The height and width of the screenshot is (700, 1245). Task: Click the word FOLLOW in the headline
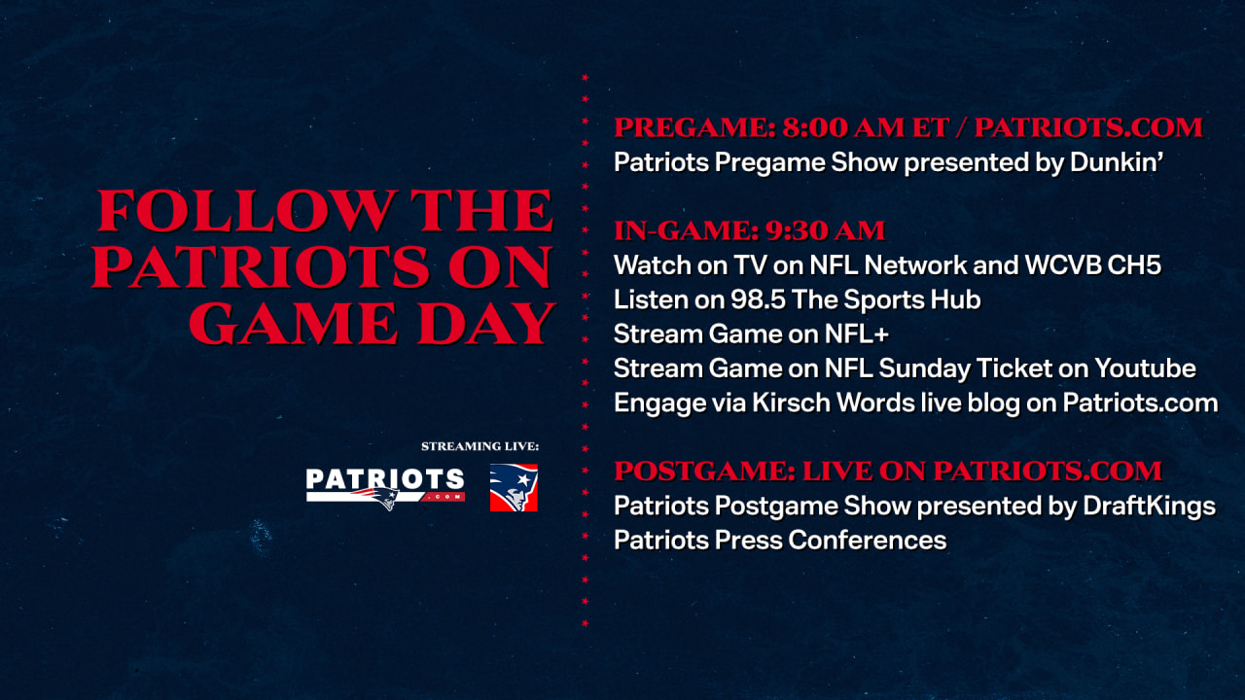point(247,211)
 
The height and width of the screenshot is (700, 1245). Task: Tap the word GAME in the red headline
point(294,324)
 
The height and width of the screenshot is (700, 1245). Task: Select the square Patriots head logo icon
point(514,488)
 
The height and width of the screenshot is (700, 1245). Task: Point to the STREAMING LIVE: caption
point(480,446)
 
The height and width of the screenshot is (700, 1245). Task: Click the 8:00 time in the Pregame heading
point(814,127)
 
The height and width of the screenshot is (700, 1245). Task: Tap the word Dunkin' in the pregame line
point(1117,162)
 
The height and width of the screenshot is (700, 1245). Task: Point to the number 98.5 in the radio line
point(758,299)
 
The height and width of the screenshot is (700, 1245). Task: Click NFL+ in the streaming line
point(857,333)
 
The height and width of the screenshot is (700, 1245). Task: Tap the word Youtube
point(1145,368)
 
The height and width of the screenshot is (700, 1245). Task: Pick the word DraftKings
point(1149,507)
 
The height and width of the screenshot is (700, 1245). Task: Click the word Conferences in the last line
point(867,540)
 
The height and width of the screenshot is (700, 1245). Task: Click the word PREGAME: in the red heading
point(694,127)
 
